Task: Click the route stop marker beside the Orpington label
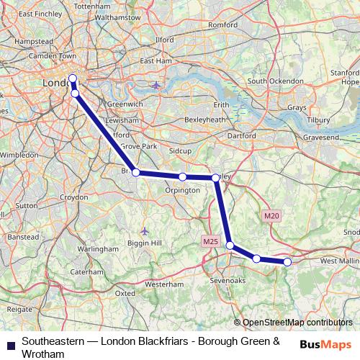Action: tap(183, 176)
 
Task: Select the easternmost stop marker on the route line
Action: tap(287, 262)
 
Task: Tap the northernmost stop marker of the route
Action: tap(73, 79)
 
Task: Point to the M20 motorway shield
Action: tap(271, 215)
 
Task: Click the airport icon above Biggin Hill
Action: tap(145, 230)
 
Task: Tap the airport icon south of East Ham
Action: tap(156, 86)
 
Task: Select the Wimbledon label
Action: tap(19, 155)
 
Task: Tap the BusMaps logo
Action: tap(325, 345)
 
